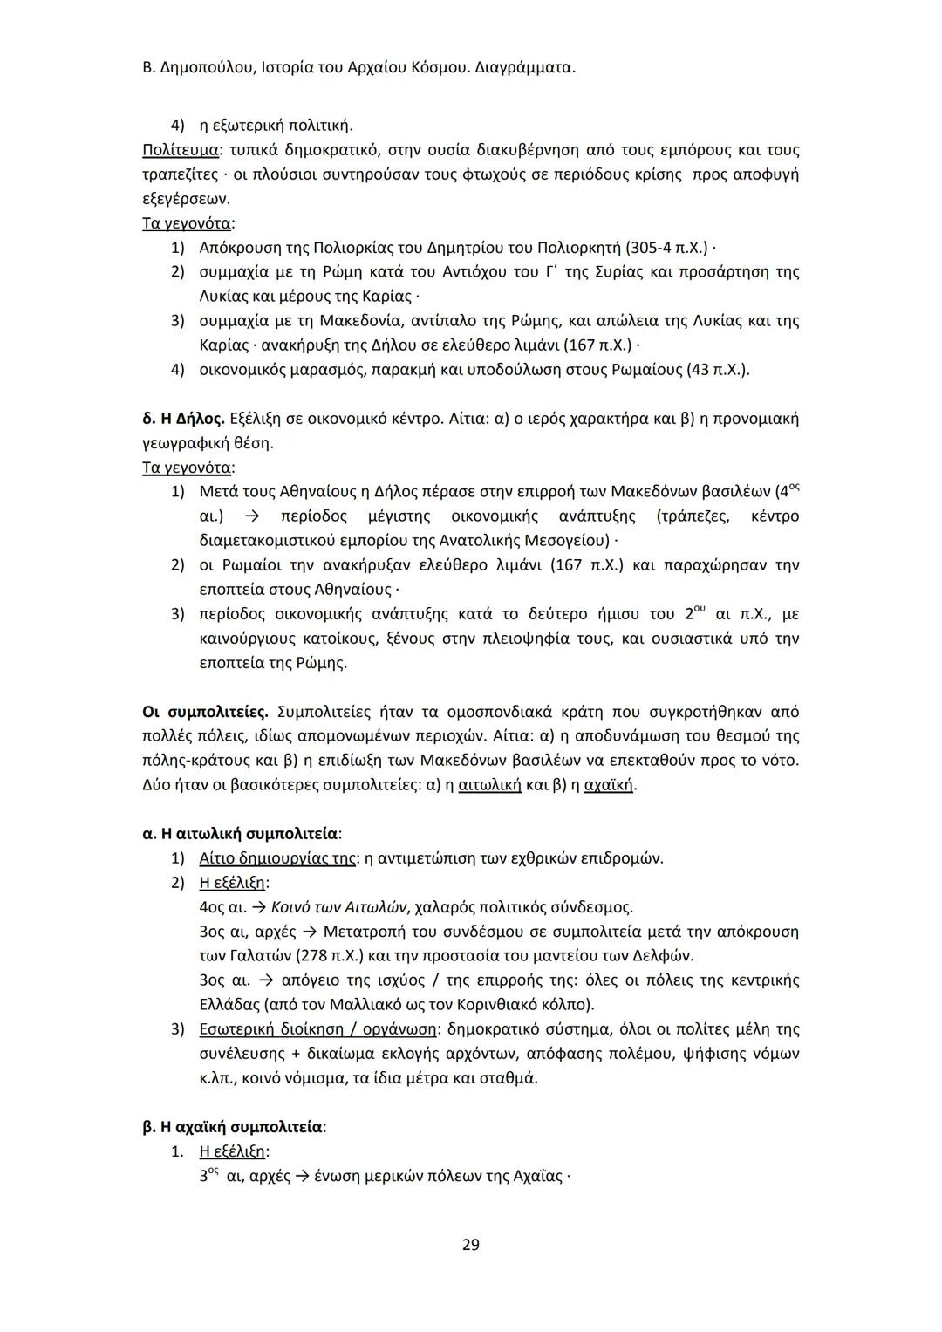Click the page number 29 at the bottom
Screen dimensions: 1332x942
pyautogui.click(x=470, y=1244)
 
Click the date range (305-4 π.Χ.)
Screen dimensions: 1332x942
pyautogui.click(x=664, y=248)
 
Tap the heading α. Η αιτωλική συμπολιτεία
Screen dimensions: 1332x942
pyautogui.click(x=242, y=834)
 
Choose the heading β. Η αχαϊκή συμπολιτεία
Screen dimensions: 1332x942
pyautogui.click(x=234, y=1127)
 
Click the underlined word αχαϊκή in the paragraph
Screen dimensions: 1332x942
pyautogui.click(x=609, y=785)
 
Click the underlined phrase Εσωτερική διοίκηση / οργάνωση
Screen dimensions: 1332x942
pyautogui.click(x=316, y=1029)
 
